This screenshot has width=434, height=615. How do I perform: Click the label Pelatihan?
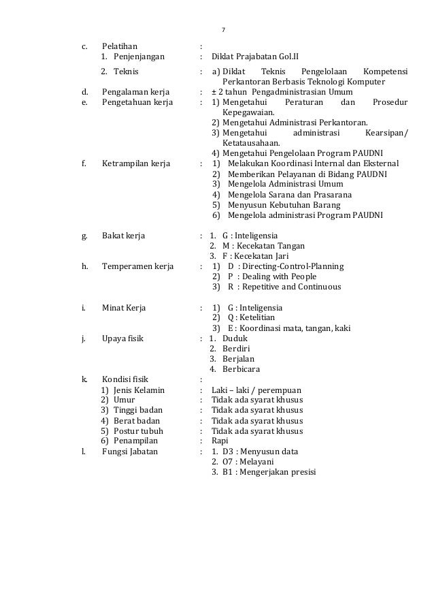120,46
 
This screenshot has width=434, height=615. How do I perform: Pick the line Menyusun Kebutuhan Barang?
284,204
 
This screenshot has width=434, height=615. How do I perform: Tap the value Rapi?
220,441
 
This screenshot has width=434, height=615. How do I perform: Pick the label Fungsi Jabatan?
129,452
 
